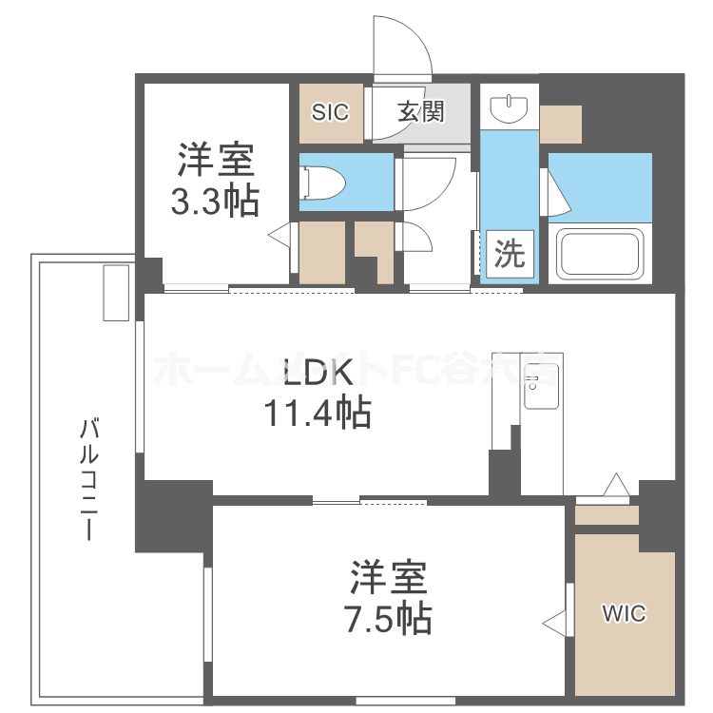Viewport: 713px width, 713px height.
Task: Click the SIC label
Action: click(331, 112)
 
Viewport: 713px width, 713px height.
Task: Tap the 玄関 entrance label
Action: click(420, 112)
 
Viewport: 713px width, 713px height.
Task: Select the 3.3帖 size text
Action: click(215, 201)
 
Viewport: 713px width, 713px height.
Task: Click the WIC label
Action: click(623, 614)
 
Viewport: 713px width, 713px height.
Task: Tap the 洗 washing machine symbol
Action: click(510, 255)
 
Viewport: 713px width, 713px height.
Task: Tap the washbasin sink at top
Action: click(509, 108)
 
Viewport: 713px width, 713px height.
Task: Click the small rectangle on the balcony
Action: click(115, 292)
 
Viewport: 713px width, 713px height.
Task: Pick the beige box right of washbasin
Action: click(560, 124)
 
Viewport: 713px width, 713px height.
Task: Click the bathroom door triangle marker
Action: click(558, 194)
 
